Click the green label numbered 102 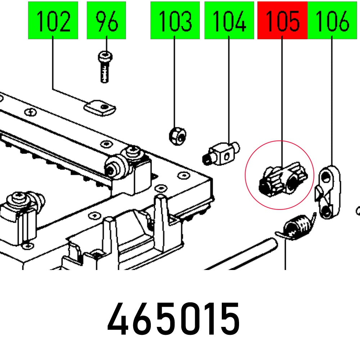[53, 21]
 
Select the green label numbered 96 [106, 21]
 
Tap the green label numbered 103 [175, 21]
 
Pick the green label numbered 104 [229, 21]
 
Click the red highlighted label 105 [282, 21]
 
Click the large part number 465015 [174, 319]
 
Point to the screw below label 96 [104, 67]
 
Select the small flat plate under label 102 [100, 108]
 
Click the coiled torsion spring [298, 228]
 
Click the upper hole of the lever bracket [326, 177]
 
